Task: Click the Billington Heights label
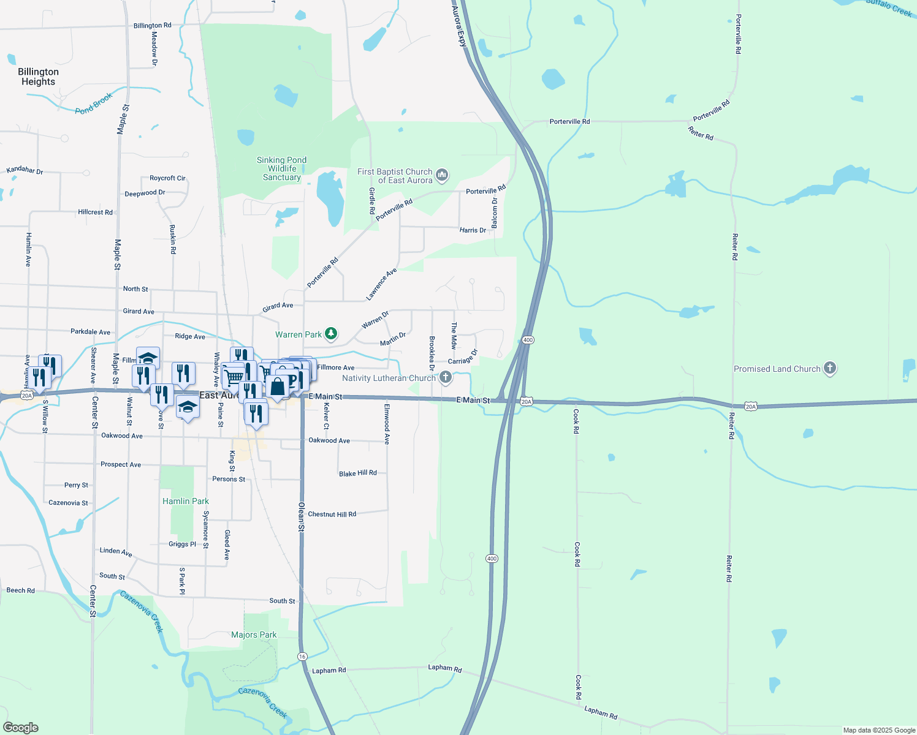[x=38, y=77]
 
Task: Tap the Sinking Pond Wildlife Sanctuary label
[x=281, y=168]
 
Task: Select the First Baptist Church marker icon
[x=442, y=176]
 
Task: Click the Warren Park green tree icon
[x=331, y=334]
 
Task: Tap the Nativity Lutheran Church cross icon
[x=446, y=378]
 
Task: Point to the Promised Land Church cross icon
[x=829, y=368]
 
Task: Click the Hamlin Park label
[x=186, y=501]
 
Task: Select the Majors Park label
[x=254, y=635]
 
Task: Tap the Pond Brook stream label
[x=94, y=104]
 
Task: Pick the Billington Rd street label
[x=152, y=26]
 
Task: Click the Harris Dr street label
[x=473, y=230]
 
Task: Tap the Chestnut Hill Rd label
[x=332, y=514]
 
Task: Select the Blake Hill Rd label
[x=357, y=473]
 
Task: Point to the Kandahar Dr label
[x=25, y=170]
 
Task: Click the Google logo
[x=21, y=728]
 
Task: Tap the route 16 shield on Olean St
[x=302, y=657]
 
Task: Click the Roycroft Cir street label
[x=167, y=178]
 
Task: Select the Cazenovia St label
[x=68, y=503]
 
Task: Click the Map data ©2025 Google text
[x=879, y=730]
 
